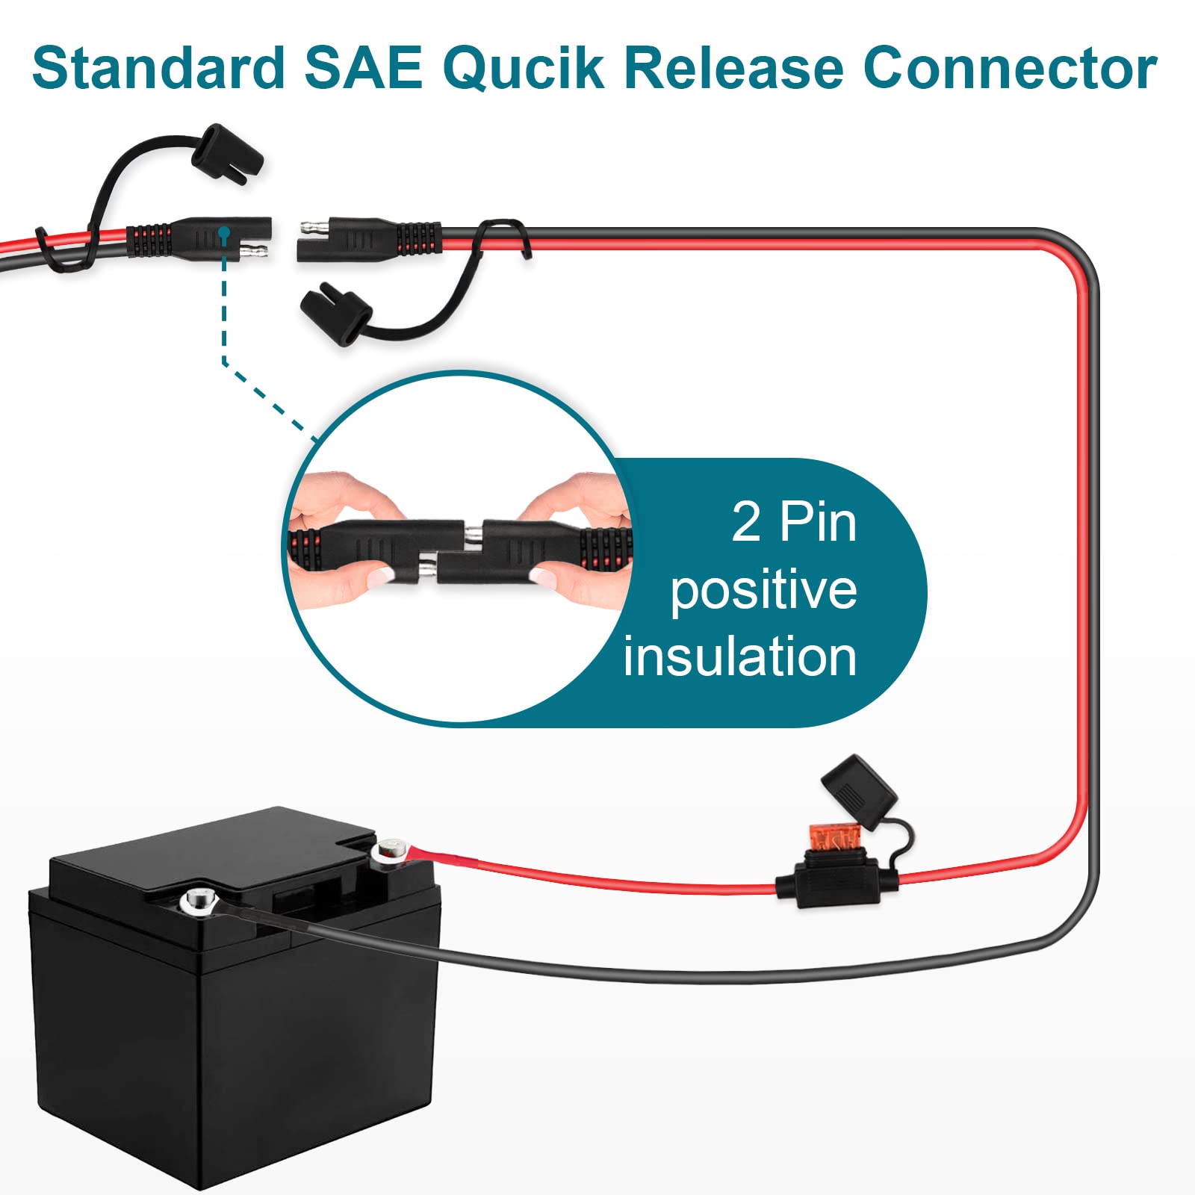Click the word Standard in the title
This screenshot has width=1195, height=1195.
coord(158,69)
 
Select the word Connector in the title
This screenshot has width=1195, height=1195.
coord(1010,69)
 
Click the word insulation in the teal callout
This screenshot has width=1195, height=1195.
coord(739,657)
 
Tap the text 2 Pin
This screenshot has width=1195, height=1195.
coord(794,522)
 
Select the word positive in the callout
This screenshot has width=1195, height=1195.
coord(763,590)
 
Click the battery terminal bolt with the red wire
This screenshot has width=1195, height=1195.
coord(391,850)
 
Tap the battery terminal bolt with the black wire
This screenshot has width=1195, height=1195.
coord(198,901)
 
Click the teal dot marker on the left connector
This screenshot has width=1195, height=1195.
coord(223,234)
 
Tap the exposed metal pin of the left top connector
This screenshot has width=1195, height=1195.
coord(258,249)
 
